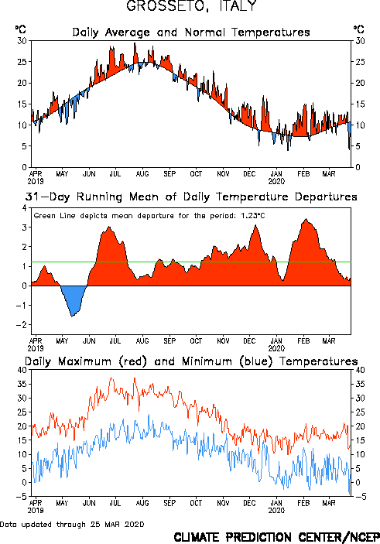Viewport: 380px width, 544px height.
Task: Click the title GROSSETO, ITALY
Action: coord(191,6)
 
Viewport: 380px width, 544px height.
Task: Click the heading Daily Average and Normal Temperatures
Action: coord(191,33)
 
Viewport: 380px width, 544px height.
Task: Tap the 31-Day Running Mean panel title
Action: coord(191,197)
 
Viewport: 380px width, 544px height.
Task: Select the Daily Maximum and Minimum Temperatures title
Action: coord(191,361)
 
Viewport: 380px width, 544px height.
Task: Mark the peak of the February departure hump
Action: coord(306,219)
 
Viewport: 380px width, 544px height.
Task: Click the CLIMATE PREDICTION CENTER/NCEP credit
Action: coord(276,537)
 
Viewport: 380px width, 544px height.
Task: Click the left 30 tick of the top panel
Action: coord(22,41)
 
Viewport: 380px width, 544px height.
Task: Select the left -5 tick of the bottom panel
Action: coord(21,497)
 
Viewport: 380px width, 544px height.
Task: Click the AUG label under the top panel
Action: coord(142,173)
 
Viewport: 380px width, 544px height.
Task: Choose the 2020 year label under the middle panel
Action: coord(276,348)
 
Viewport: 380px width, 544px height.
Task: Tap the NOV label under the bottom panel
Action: coord(223,503)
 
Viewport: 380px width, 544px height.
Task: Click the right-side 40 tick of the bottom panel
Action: coord(360,370)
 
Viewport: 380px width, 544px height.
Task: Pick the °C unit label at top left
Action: coord(20,29)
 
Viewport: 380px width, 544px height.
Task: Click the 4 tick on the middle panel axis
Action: coord(24,208)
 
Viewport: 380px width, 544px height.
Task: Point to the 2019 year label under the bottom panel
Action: coord(36,511)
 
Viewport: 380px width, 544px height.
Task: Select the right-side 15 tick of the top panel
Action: coord(360,104)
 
